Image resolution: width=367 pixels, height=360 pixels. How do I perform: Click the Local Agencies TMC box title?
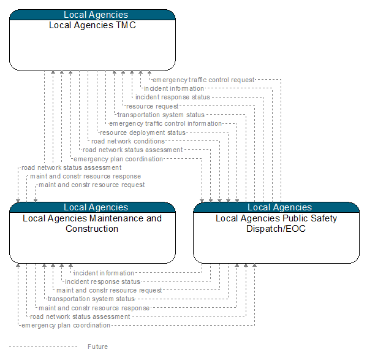[x=93, y=25]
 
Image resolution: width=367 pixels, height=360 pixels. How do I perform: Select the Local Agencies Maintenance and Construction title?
[x=93, y=223]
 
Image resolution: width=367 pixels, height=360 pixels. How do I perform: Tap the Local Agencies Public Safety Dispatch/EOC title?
[x=276, y=223]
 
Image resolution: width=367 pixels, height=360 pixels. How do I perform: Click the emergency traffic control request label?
[x=203, y=80]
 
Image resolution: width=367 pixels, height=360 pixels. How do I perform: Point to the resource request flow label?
[x=153, y=106]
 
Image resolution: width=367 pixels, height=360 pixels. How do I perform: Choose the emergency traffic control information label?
[x=165, y=123]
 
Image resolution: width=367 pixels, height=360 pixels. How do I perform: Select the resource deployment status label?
[x=143, y=132]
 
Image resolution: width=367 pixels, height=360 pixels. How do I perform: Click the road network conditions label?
[x=128, y=141]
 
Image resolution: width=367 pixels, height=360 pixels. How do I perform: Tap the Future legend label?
[x=98, y=347]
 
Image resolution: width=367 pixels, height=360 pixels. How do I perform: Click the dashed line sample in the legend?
[x=43, y=347]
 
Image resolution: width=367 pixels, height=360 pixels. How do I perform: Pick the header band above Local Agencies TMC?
[x=93, y=15]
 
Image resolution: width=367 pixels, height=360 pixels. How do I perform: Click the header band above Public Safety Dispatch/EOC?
[x=276, y=207]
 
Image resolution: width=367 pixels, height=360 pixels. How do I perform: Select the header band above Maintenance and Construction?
[x=93, y=207]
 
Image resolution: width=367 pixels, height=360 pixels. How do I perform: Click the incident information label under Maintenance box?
[x=104, y=273]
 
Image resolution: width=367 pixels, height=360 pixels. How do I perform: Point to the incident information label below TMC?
[x=174, y=88]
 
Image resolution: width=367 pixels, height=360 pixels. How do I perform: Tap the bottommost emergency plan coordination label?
[x=66, y=325]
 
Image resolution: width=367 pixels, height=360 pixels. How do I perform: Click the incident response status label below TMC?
[x=173, y=97]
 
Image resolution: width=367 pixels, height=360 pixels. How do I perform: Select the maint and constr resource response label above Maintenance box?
[x=85, y=176]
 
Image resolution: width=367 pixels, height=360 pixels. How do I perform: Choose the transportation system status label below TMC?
[x=161, y=115]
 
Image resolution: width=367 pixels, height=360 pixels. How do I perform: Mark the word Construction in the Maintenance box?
[x=92, y=229]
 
